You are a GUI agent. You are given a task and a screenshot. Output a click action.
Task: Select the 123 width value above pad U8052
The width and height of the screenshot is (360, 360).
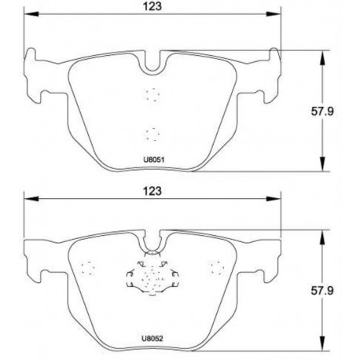pyautogui.click(x=152, y=191)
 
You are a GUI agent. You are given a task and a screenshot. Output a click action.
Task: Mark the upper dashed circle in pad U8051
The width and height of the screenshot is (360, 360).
pyautogui.click(x=152, y=94)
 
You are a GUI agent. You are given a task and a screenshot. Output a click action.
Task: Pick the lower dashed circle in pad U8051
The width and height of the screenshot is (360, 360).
pyautogui.click(x=152, y=132)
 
